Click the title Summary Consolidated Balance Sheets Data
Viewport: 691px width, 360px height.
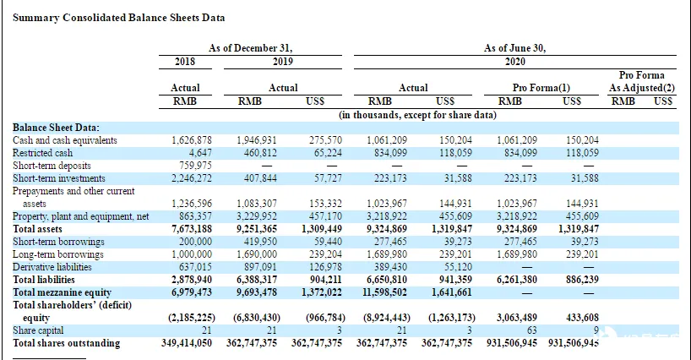pos(118,18)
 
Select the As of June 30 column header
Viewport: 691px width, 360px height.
pos(514,48)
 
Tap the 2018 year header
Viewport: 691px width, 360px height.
pos(185,61)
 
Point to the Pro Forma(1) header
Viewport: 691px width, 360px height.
pos(541,88)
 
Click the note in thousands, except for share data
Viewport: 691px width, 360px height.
pos(417,115)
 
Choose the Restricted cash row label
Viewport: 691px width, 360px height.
pos(43,153)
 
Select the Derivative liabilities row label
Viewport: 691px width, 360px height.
pos(52,267)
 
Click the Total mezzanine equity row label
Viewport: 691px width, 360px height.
pos(63,292)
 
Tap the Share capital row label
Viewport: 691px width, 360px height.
pos(38,330)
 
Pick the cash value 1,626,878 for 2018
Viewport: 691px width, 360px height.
pos(191,140)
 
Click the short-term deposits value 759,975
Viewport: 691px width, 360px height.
pos(195,166)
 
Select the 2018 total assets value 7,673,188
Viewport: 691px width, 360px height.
pos(191,229)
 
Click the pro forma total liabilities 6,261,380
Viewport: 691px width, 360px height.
pos(517,280)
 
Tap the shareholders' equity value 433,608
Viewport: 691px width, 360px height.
pos(582,318)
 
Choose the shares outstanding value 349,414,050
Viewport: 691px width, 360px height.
pos(187,343)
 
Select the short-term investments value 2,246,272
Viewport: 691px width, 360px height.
pos(191,178)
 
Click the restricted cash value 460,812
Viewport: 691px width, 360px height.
pos(260,153)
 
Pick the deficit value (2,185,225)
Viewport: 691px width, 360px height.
pos(191,318)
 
